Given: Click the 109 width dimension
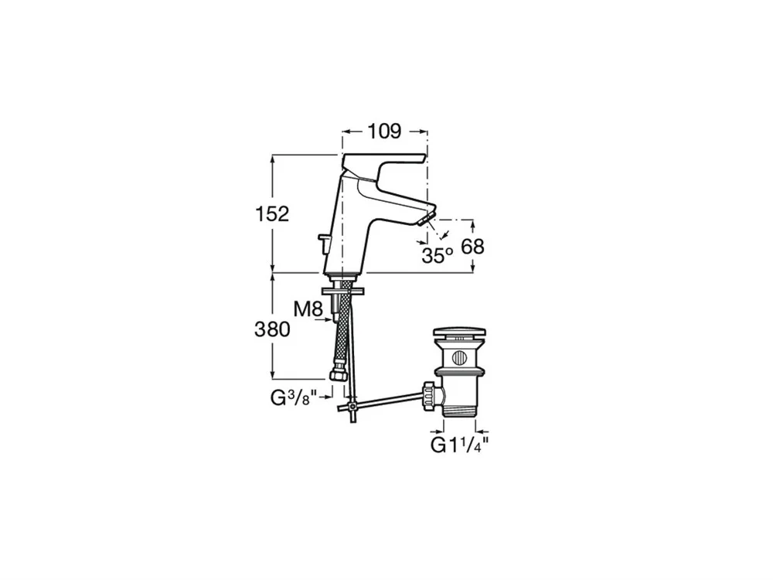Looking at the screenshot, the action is [384, 131].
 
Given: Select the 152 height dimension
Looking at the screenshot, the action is [271, 214].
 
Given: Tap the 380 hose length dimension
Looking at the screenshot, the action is [272, 329].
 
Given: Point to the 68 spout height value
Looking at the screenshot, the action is [473, 246].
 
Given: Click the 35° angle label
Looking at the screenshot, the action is [438, 255].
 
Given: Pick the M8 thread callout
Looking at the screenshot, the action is [308, 310].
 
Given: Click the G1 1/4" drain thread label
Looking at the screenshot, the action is [459, 445].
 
